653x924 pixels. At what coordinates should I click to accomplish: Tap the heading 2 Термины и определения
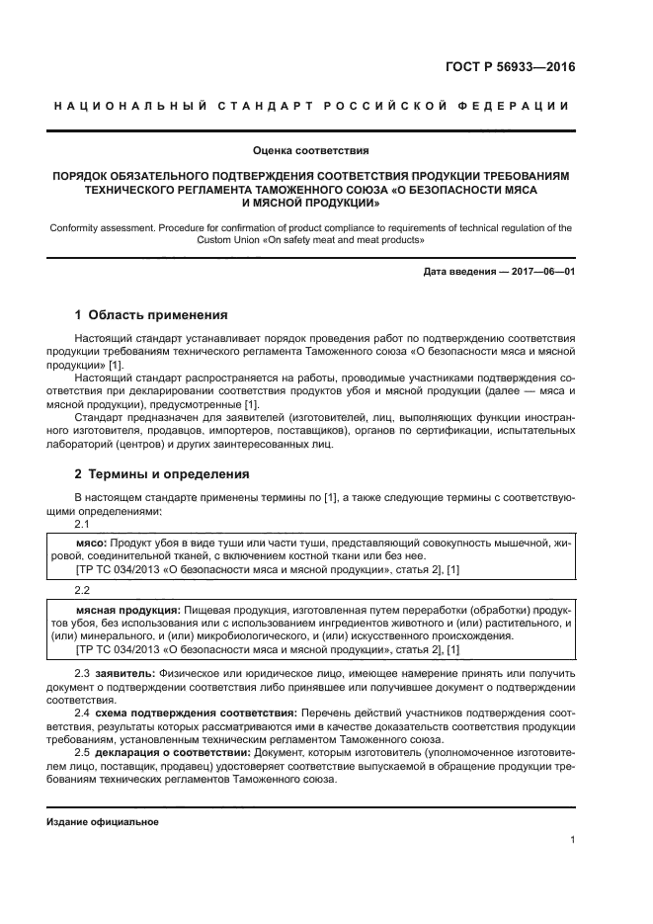162,474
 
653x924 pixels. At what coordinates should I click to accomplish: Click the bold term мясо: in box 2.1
92,544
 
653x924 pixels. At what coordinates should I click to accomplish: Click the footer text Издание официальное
103,822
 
